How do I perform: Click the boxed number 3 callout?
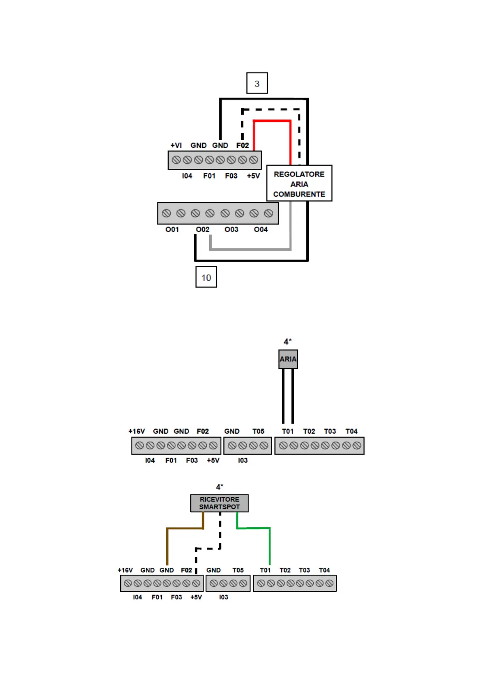pyautogui.click(x=257, y=83)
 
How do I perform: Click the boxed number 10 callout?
pyautogui.click(x=206, y=277)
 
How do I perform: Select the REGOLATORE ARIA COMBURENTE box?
pyautogui.click(x=299, y=183)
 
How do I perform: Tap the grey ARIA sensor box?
pyautogui.click(x=288, y=359)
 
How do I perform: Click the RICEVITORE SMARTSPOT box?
pyautogui.click(x=219, y=503)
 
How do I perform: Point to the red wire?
pyautogui.click(x=272, y=121)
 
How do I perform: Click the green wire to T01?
pyautogui.click(x=270, y=545)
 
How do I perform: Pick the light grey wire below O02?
pyautogui.click(x=250, y=249)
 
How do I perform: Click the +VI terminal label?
pyautogui.click(x=176, y=145)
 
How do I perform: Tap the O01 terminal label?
pyautogui.click(x=172, y=230)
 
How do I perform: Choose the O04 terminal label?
pyautogui.click(x=261, y=230)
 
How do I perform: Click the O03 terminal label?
pyautogui.click(x=231, y=230)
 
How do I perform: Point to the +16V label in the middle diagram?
pyautogui.click(x=136, y=431)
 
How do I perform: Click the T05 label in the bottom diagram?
pyautogui.click(x=238, y=570)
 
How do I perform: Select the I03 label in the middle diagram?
pyautogui.click(x=243, y=460)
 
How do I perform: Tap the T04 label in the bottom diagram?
pyautogui.click(x=324, y=570)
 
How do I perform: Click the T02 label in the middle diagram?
pyautogui.click(x=309, y=431)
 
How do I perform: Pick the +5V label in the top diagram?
pyautogui.click(x=253, y=176)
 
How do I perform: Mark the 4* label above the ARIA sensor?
pyautogui.click(x=288, y=342)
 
